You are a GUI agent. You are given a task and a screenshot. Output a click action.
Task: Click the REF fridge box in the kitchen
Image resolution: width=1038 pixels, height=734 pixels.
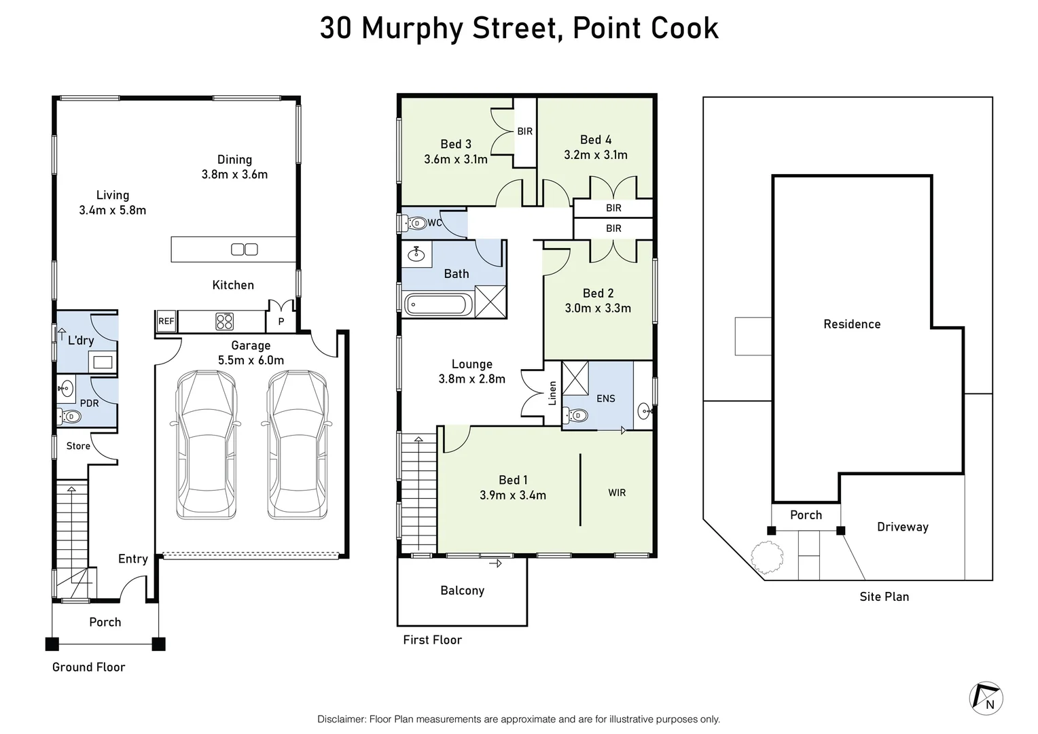(166, 321)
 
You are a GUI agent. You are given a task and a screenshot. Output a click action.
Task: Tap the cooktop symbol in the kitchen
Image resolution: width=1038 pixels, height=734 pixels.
(224, 321)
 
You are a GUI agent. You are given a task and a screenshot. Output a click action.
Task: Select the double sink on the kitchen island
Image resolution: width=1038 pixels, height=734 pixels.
(244, 249)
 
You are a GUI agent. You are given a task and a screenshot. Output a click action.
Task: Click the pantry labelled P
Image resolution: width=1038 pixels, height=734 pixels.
(281, 321)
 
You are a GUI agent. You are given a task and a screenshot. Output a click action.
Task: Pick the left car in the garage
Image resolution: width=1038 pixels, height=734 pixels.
(207, 445)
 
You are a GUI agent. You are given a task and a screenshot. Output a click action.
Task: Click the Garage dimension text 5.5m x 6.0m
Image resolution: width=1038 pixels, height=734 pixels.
(251, 360)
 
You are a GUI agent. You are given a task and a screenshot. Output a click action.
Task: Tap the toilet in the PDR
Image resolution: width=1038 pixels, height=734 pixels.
(69, 416)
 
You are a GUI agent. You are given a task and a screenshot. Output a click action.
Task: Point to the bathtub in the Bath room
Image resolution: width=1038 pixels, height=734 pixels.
(437, 305)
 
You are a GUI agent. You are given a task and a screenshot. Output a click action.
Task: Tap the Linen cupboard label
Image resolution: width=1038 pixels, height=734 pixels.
(552, 393)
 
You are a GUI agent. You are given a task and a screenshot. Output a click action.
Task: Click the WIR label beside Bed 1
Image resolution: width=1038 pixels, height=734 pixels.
(617, 493)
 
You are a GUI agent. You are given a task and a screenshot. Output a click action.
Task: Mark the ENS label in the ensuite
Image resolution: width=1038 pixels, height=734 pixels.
(605, 399)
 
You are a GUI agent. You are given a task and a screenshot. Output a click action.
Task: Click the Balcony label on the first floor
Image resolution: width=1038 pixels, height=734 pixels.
(462, 591)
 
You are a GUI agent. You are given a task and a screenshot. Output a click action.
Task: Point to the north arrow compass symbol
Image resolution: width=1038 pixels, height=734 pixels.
(986, 698)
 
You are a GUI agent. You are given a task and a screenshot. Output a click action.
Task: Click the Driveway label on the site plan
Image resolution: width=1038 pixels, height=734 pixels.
(902, 527)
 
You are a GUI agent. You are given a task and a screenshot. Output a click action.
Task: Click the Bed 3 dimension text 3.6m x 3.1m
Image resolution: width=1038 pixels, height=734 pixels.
(455, 160)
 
